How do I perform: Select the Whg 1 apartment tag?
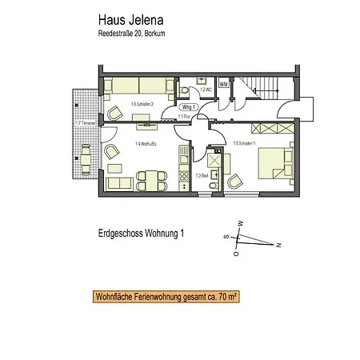189,107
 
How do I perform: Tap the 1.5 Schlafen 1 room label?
244,144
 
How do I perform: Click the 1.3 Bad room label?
203,174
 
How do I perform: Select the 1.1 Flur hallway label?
184,117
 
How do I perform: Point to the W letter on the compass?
239,223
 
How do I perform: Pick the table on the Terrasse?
86,151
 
